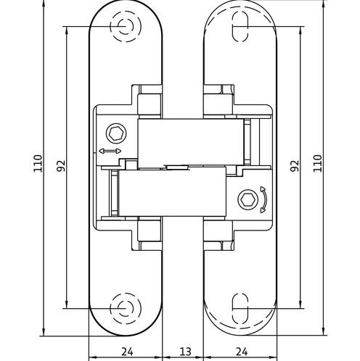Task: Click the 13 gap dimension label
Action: tap(185, 352)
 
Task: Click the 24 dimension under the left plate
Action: tap(127, 352)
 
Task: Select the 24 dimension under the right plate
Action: tap(242, 352)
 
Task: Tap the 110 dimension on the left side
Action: tap(38, 163)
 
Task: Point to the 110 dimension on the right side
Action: tap(317, 163)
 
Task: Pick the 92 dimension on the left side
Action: tap(61, 165)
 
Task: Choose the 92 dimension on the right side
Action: tap(295, 165)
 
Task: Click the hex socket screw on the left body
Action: tap(116, 133)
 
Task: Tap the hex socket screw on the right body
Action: tap(248, 200)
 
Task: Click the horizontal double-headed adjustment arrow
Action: tap(110, 152)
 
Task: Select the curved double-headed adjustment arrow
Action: tap(263, 199)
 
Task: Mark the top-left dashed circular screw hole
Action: tap(126, 26)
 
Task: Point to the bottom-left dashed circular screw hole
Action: tap(126, 309)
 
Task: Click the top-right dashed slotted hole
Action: tap(240, 27)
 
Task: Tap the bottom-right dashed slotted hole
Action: tap(240, 308)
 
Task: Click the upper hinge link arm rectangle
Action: tap(191, 143)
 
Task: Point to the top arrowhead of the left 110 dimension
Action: tap(44, 5)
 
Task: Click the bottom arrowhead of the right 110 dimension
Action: tap(323, 331)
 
